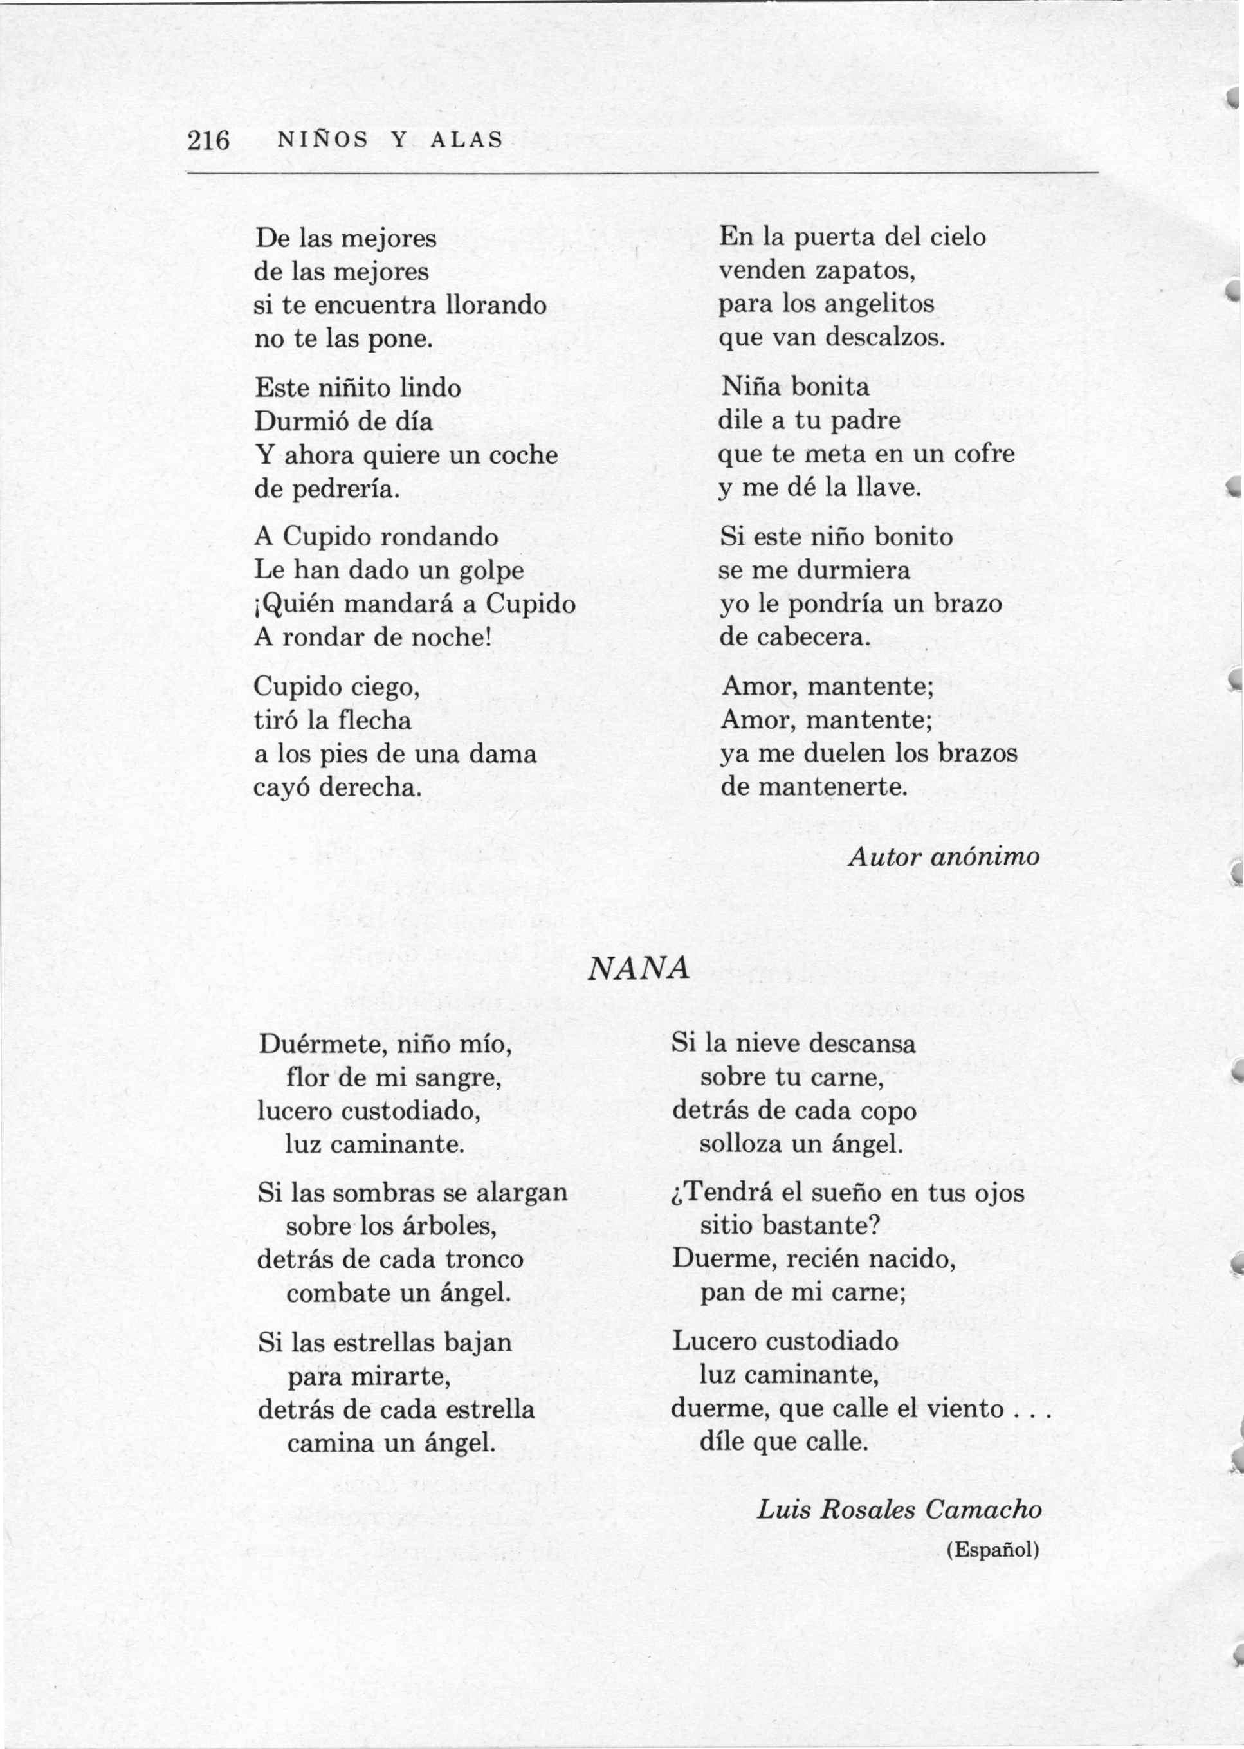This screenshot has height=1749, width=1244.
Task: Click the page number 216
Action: [208, 140]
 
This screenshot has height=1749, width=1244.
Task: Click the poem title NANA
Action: [638, 969]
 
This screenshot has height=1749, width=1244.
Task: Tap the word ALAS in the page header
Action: [466, 140]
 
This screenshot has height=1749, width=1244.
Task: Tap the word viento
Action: [965, 1409]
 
